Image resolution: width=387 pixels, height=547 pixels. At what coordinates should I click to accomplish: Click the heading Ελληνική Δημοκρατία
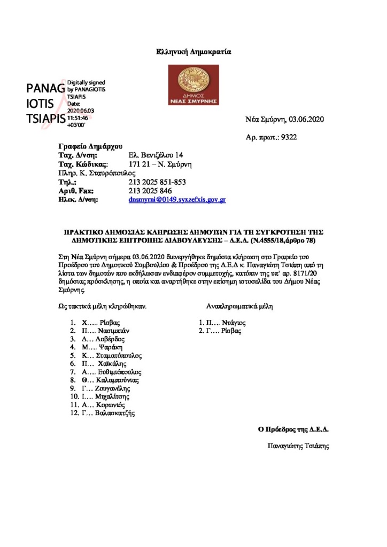[x=193, y=52]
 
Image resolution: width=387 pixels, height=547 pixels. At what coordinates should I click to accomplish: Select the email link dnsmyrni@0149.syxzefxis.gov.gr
[x=177, y=200]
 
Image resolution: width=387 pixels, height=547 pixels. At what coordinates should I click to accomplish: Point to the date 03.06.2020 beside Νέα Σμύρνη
[x=307, y=119]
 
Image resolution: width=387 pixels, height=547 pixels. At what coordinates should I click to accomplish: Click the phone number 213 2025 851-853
[x=158, y=182]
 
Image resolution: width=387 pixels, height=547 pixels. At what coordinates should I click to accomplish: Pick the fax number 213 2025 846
[x=150, y=191]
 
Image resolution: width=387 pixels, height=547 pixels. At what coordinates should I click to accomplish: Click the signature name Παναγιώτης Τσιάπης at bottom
[x=298, y=445]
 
